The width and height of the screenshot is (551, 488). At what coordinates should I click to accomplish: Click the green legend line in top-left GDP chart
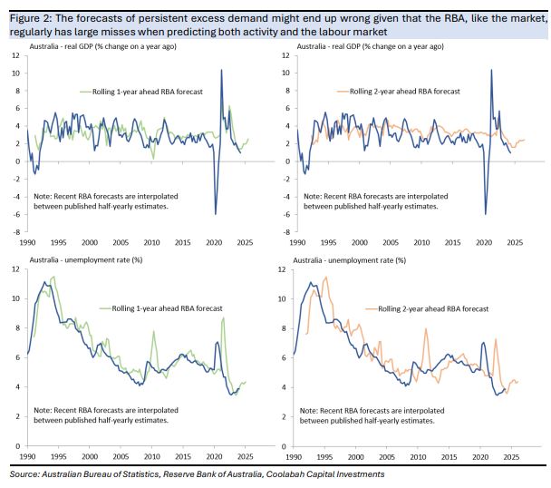[89, 91]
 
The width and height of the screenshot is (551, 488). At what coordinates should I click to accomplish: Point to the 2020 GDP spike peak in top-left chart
[221, 70]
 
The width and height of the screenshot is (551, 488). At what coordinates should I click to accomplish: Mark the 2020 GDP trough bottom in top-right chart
[486, 214]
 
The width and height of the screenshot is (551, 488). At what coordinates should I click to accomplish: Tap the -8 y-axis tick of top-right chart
[281, 232]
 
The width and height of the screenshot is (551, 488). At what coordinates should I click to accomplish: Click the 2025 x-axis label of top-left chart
[244, 242]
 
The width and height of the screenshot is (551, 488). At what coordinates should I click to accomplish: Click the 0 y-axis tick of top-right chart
[283, 161]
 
